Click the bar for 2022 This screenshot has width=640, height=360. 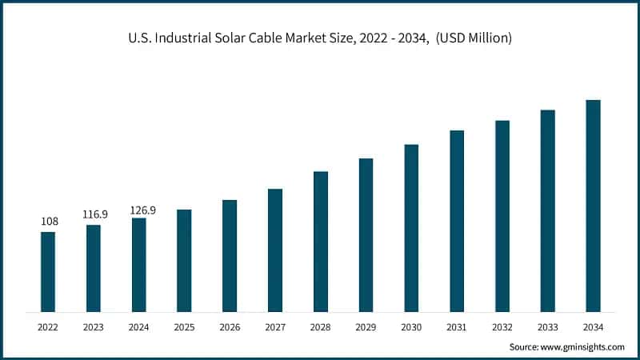pos(48,272)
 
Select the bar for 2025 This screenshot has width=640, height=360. pos(184,261)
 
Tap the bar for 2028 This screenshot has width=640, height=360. pos(321,242)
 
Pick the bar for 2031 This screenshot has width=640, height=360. pos(457,221)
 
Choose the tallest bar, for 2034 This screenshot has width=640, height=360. pos(593,206)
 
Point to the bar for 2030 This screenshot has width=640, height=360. pos(411,228)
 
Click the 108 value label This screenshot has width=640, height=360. pos(48,221)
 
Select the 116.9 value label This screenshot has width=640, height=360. pos(94,214)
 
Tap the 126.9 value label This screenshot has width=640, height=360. pos(142,210)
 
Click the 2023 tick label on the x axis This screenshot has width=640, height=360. pos(94,326)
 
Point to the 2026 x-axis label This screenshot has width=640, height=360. pos(230,326)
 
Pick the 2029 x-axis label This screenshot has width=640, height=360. pos(366,326)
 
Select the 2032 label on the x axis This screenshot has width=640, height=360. pos(502,326)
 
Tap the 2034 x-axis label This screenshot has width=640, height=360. pos(593,326)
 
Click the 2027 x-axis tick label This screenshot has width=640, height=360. pos(275,326)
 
